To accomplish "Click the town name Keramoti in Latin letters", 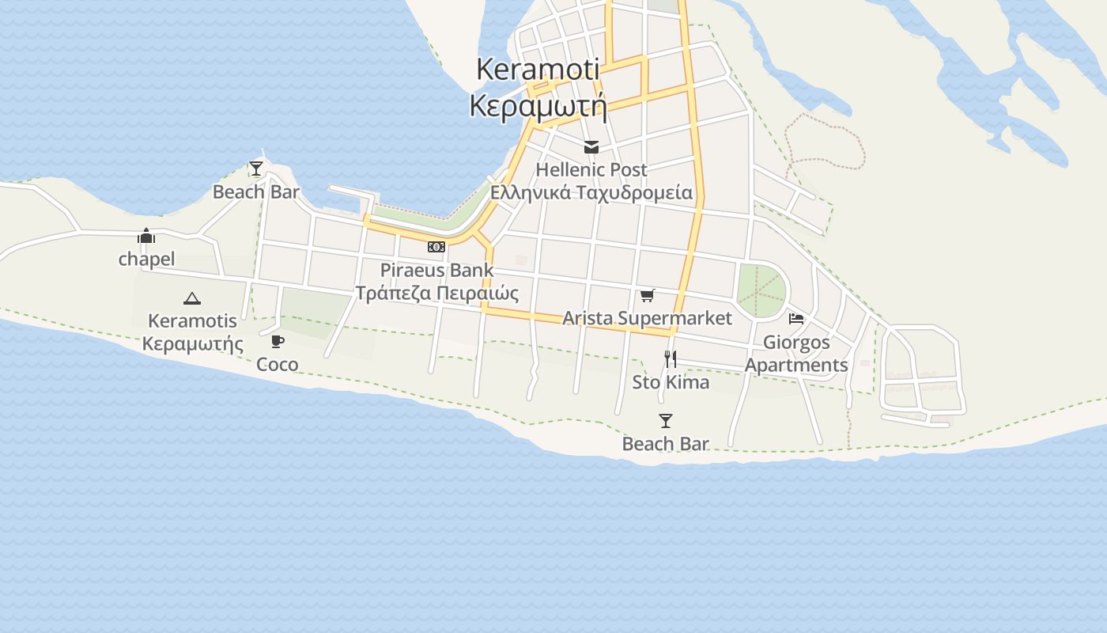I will tap(538, 70).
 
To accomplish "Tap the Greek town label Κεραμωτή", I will tap(538, 106).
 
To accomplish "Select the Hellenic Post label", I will tap(591, 170).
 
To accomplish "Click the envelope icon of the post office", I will tap(591, 147).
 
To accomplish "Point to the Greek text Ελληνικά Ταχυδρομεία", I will tap(591, 193).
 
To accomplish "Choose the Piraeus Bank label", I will tap(436, 270).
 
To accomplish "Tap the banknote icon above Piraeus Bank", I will tap(436, 247).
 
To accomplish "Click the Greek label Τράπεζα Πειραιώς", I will tap(436, 294).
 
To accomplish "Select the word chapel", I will tap(146, 260).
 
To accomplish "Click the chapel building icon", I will tap(146, 236).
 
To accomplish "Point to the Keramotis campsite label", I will tap(192, 321).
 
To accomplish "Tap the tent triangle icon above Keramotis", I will tap(191, 298).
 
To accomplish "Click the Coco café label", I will tap(278, 365).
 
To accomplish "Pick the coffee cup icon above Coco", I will tap(278, 341).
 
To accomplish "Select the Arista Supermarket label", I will tap(647, 318).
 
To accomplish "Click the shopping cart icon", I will tap(648, 295).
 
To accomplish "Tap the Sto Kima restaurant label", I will tap(671, 382).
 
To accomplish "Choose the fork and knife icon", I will tap(671, 359).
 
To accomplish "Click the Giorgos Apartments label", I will tap(796, 354).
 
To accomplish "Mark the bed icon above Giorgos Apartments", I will tap(796, 319).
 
